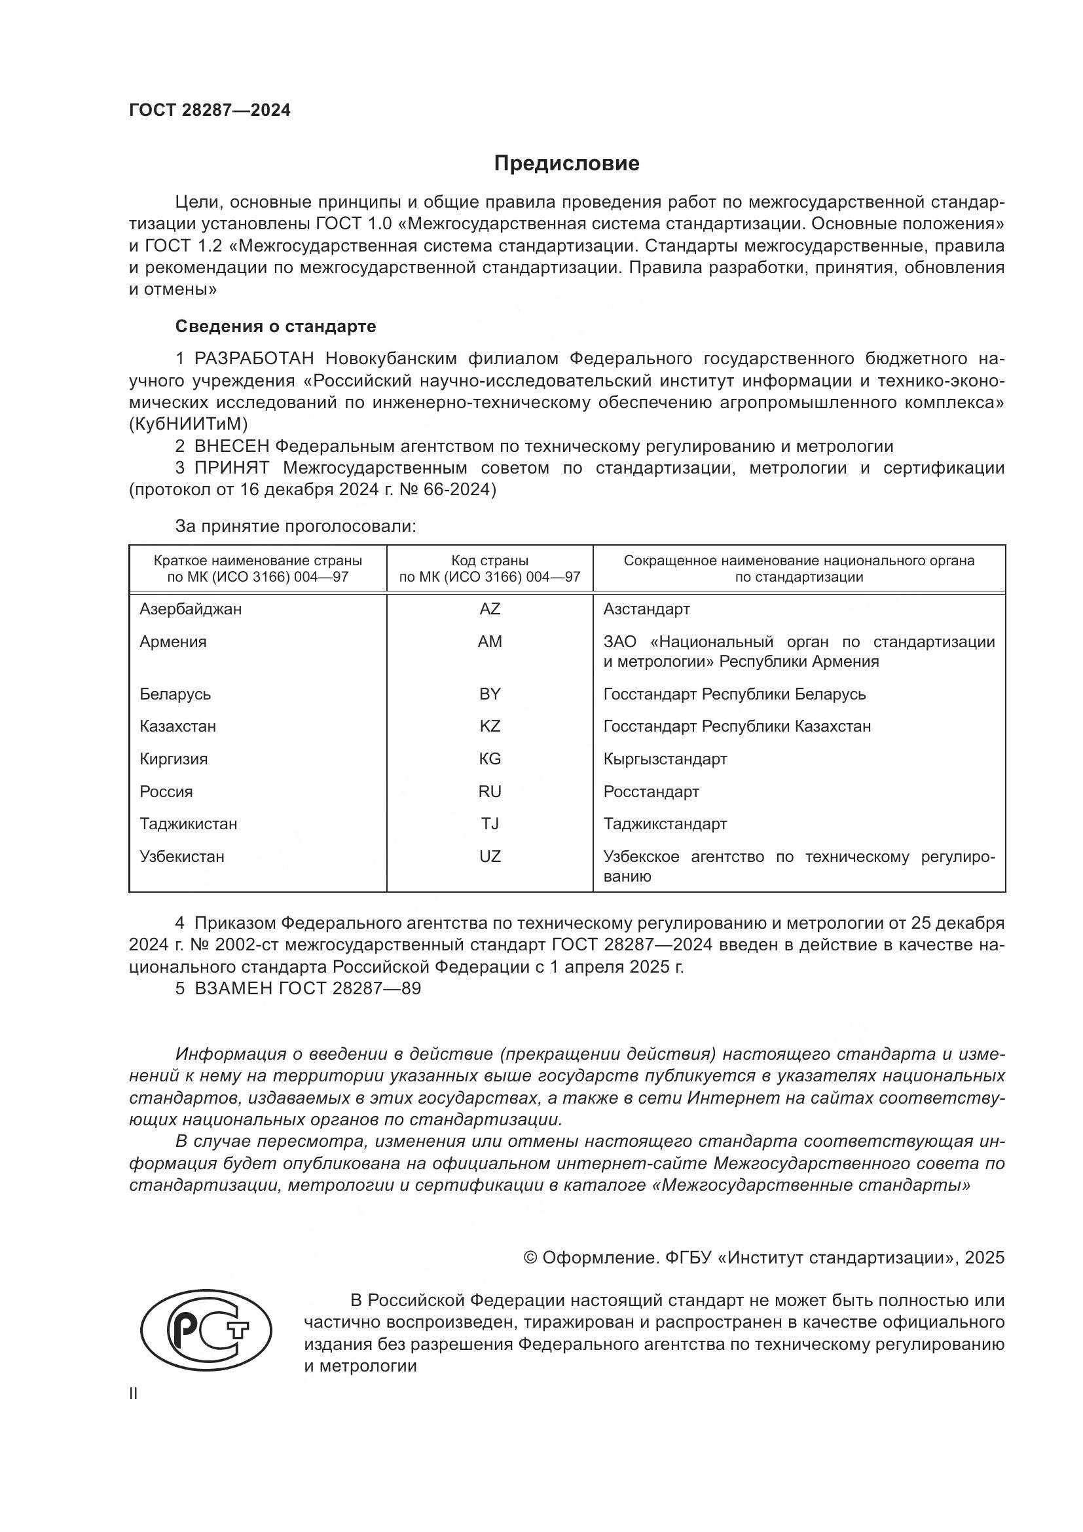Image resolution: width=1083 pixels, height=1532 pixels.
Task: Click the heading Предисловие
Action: pyautogui.click(x=566, y=164)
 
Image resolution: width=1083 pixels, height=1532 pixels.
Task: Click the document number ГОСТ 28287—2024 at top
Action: pyautogui.click(x=210, y=111)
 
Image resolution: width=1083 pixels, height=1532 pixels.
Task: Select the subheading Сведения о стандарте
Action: pyautogui.click(x=276, y=326)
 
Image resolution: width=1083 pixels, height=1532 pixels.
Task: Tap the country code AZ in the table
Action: pyautogui.click(x=490, y=608)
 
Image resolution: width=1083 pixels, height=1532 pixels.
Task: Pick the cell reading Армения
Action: pyautogui.click(x=173, y=641)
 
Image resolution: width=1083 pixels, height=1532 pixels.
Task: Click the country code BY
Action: pyautogui.click(x=490, y=694)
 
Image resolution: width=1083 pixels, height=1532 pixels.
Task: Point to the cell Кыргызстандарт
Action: pyautogui.click(x=665, y=758)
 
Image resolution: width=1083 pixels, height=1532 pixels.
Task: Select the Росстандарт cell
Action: pyautogui.click(x=651, y=791)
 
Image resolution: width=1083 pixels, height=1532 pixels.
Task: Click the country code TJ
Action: pyautogui.click(x=490, y=823)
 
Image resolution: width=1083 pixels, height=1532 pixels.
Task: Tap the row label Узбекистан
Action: pyautogui.click(x=181, y=856)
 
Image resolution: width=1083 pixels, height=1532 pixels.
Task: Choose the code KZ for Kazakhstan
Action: pyautogui.click(x=490, y=726)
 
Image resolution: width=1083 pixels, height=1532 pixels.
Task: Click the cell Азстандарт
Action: pyautogui.click(x=646, y=608)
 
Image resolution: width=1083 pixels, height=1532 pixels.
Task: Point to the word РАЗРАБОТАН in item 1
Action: pyautogui.click(x=253, y=358)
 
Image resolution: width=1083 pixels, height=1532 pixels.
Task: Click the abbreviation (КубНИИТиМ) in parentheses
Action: pyautogui.click(x=188, y=424)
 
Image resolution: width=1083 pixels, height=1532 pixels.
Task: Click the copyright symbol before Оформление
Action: pyautogui.click(x=530, y=1258)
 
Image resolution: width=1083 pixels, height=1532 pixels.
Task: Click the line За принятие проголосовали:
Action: pyautogui.click(x=295, y=526)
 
